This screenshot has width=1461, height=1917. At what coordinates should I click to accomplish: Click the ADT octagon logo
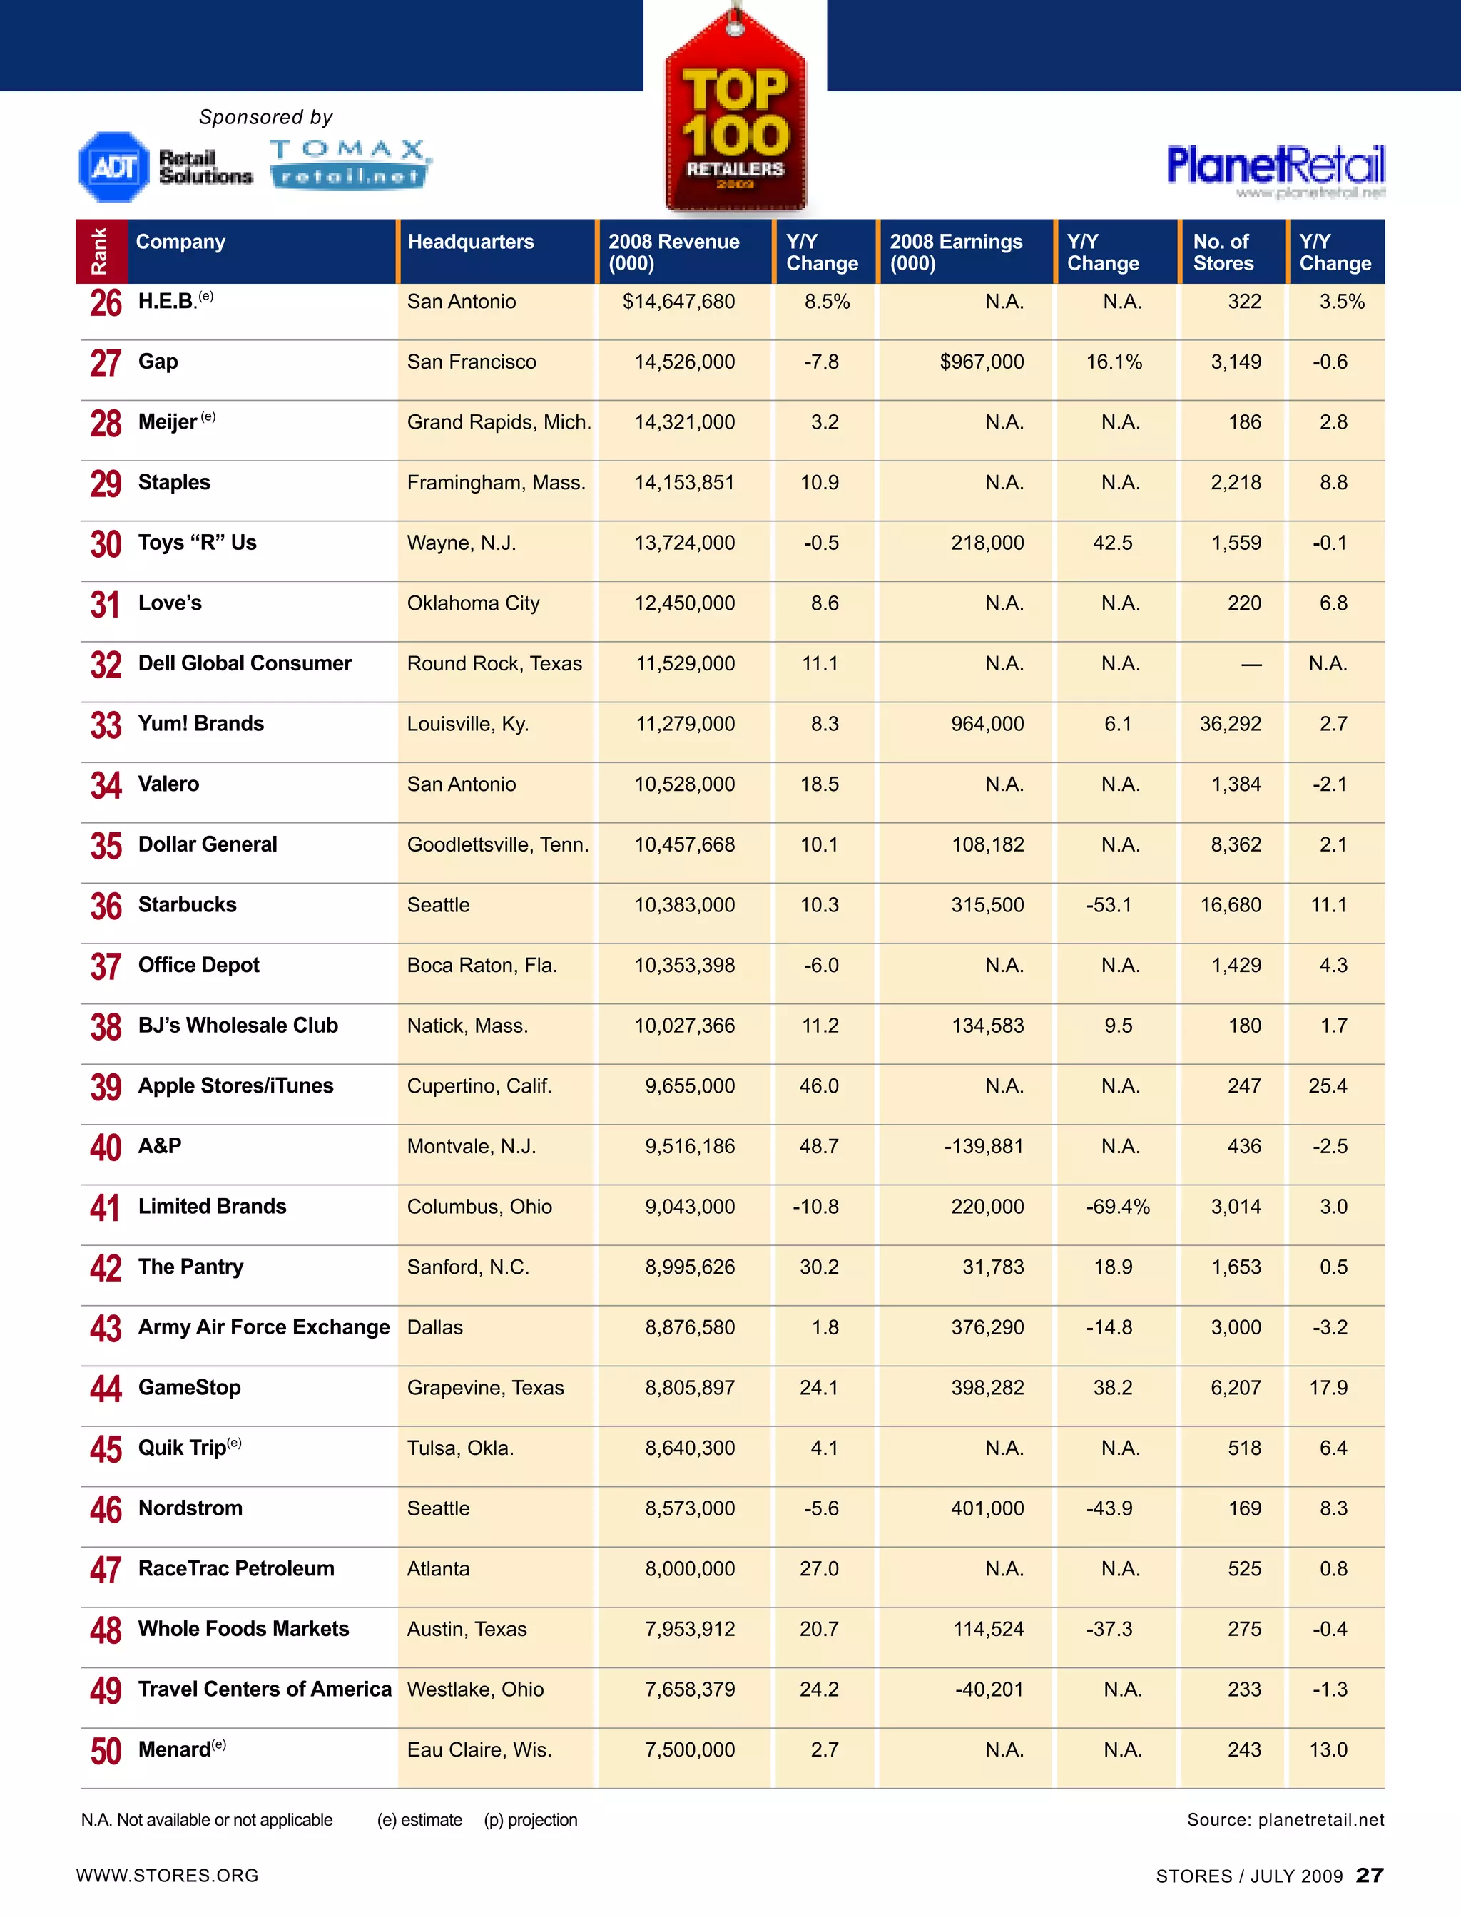tap(114, 166)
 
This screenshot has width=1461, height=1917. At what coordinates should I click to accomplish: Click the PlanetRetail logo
tap(1275, 167)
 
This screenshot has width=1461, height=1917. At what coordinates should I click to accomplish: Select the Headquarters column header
tap(471, 242)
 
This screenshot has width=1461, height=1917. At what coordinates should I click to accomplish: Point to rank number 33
tap(106, 725)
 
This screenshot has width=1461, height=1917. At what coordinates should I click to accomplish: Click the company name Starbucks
tap(187, 904)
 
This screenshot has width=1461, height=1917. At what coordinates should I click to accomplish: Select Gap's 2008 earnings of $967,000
tap(981, 362)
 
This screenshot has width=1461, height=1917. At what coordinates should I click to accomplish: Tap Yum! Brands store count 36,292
tap(1230, 723)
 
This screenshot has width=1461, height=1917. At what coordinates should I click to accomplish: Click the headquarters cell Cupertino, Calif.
tap(479, 1086)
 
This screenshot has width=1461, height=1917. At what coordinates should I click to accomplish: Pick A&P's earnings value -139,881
tap(984, 1146)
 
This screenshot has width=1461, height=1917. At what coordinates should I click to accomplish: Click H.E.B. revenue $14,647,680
tap(678, 302)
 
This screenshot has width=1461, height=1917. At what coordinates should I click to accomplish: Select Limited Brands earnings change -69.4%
tap(1117, 1207)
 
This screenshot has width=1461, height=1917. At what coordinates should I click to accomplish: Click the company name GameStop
tap(190, 1388)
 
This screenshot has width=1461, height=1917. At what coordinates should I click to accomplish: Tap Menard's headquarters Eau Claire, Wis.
tap(479, 1749)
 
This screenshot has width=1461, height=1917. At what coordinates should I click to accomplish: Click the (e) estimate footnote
tap(419, 1819)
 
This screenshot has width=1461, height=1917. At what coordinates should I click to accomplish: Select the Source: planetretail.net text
tap(1285, 1819)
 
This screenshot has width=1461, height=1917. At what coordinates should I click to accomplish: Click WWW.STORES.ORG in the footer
tap(167, 1875)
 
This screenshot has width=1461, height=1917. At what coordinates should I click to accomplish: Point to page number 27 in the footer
tap(1369, 1875)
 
